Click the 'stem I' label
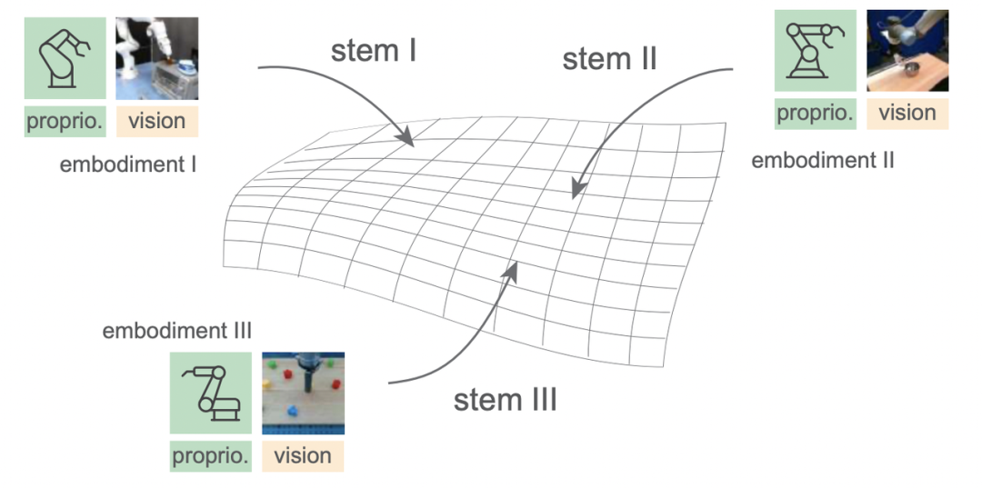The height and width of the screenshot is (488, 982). pos(373,51)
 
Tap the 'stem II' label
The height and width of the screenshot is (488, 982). pos(609,59)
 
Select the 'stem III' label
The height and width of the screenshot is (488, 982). pos(505,399)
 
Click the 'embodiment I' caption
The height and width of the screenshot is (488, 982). pos(128,164)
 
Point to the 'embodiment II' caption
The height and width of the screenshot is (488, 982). pos(823,161)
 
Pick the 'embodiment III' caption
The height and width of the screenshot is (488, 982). pos(177,330)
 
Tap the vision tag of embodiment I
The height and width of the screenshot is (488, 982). pos(156,121)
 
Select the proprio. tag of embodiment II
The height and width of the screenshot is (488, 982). pos(816,113)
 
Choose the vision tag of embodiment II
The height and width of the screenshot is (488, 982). pos(907,113)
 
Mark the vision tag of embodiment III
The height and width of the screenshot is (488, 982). pos(303,455)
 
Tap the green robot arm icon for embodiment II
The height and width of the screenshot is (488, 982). pos(816,50)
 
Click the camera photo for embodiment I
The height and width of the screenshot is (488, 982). pos(156,58)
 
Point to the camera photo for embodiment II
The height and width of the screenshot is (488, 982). pos(907,50)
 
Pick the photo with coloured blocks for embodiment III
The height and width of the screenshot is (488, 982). pos(303,393)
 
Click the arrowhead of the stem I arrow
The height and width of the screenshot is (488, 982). pos(407,140)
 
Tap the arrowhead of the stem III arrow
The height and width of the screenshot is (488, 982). pos(516,267)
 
